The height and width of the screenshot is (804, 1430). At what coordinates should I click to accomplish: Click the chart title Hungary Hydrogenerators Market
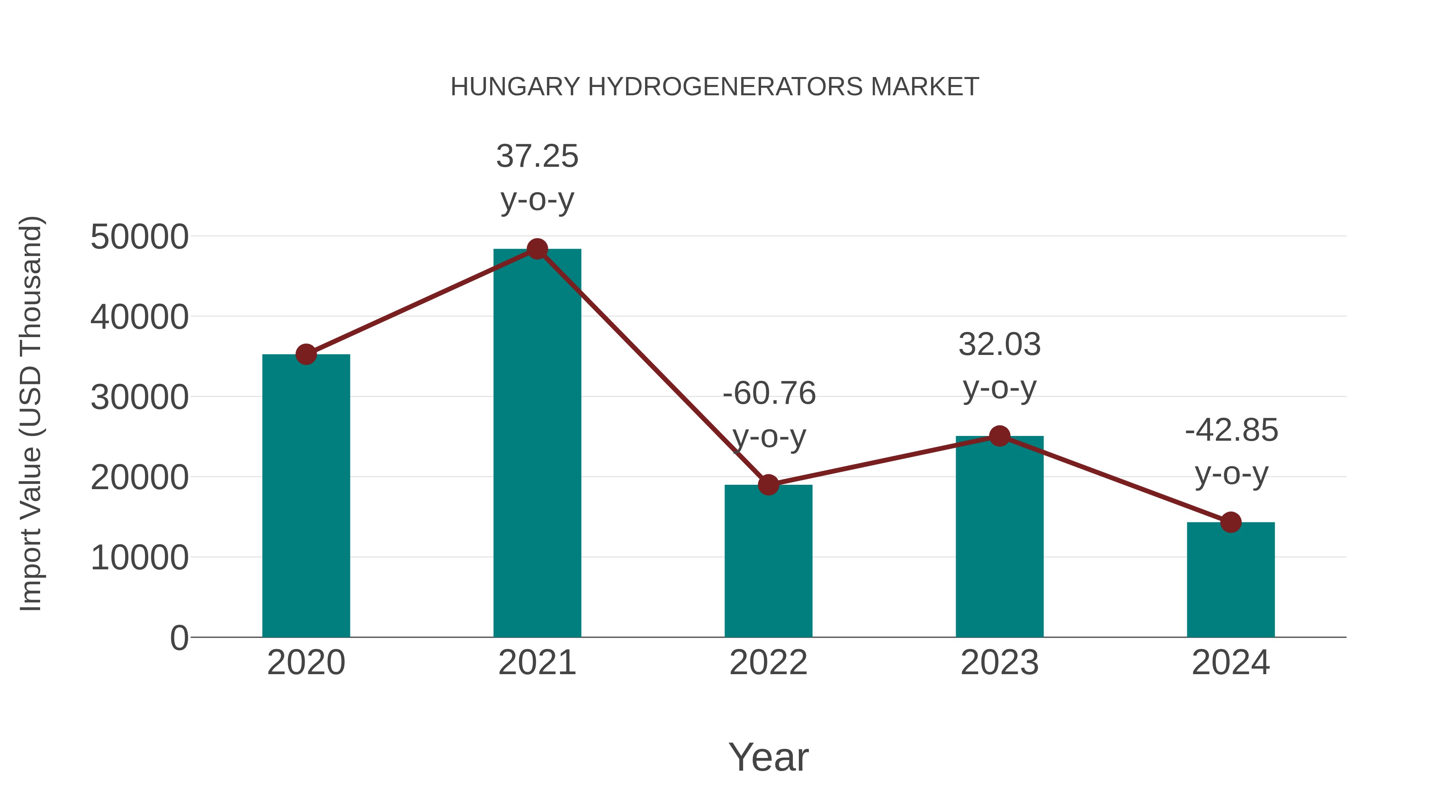point(715,87)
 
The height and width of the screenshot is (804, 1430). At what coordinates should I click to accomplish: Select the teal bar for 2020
point(306,499)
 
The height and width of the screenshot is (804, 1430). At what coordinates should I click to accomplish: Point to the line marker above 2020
point(306,354)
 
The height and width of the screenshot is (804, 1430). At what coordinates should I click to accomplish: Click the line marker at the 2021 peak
point(537,249)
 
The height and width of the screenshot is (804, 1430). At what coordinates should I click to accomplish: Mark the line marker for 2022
point(768,485)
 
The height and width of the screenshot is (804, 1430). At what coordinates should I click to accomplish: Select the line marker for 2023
point(999,436)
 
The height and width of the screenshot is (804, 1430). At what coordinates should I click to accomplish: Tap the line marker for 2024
point(1231,522)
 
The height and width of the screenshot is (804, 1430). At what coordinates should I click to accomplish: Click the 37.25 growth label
point(537,156)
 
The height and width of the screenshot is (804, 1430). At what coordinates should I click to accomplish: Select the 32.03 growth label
point(999,345)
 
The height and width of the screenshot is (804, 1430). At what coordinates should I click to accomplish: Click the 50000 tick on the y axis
point(139,237)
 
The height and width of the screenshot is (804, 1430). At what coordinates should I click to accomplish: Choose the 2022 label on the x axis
point(768,663)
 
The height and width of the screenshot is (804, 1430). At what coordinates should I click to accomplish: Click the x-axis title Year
point(768,757)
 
